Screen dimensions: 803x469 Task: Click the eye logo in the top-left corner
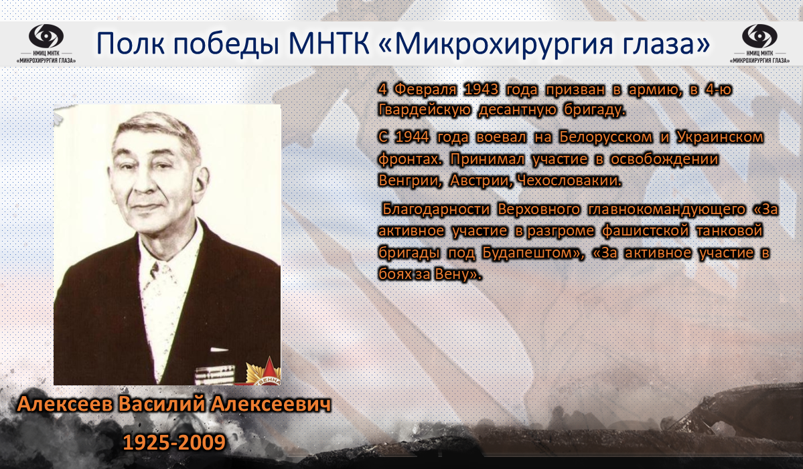tap(46, 36)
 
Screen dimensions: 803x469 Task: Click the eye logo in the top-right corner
tap(759, 36)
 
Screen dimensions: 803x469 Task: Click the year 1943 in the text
tap(481, 90)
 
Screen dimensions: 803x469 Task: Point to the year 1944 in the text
tap(413, 137)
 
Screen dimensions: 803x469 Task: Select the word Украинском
tap(720, 137)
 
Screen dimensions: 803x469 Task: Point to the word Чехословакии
tap(569, 181)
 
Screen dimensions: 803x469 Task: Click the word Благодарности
tap(435, 209)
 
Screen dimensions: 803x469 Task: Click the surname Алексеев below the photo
tap(65, 404)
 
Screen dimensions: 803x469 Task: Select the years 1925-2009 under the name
tap(174, 442)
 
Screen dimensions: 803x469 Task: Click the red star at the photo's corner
tap(263, 373)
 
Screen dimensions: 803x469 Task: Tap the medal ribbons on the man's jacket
tap(214, 375)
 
